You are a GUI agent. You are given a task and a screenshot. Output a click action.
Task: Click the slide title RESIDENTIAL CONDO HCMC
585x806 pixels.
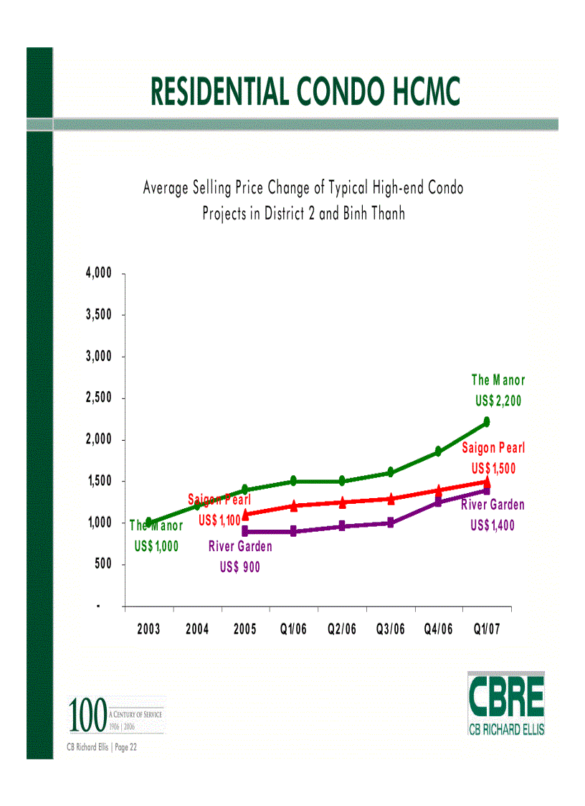point(305,92)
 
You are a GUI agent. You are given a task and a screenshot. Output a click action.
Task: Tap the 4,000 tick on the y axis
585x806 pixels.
point(99,273)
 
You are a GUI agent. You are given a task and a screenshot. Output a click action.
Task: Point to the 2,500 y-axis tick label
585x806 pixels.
point(99,398)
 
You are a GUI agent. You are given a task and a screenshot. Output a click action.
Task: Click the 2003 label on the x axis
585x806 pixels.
point(148,629)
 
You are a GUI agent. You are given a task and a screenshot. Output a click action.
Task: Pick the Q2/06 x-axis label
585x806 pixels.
point(341,629)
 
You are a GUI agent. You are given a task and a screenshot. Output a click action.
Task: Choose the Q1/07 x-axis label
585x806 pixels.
point(487,629)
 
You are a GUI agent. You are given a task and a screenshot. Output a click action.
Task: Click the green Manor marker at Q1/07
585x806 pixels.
point(487,421)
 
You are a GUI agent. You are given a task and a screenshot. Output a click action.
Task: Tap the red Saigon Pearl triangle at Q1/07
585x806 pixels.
point(487,482)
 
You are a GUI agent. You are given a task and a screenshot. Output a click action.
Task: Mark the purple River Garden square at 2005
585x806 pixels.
point(245,531)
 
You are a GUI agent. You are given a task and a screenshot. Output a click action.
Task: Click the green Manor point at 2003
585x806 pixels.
point(148,522)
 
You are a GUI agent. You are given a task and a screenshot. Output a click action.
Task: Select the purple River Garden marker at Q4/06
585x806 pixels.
point(438,502)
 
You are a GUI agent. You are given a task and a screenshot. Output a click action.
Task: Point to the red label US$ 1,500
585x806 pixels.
point(493,469)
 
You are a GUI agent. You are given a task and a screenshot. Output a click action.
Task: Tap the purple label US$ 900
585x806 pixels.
point(240,567)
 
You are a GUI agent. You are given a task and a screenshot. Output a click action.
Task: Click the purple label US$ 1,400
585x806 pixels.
point(493,525)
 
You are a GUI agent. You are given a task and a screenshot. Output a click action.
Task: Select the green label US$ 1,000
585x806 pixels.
point(156,546)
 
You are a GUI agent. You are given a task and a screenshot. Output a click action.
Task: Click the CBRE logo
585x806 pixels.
point(505,703)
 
